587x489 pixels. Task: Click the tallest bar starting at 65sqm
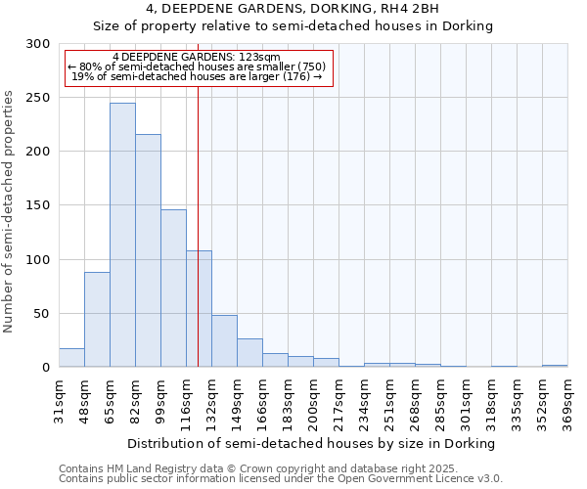pyautogui.click(x=122, y=235)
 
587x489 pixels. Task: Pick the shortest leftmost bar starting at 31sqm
pyautogui.click(x=71, y=358)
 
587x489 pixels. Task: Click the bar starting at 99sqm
pyautogui.click(x=173, y=289)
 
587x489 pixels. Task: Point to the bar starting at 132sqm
pyautogui.click(x=224, y=341)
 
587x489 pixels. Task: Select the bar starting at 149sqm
pyautogui.click(x=249, y=353)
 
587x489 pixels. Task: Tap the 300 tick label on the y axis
pyautogui.click(x=38, y=44)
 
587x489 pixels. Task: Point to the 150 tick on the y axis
pyautogui.click(x=38, y=206)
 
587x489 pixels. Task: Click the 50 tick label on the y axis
pyautogui.click(x=42, y=314)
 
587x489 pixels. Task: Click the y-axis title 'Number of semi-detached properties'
pyautogui.click(x=10, y=211)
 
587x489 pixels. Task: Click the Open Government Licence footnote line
pyautogui.click(x=281, y=479)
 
